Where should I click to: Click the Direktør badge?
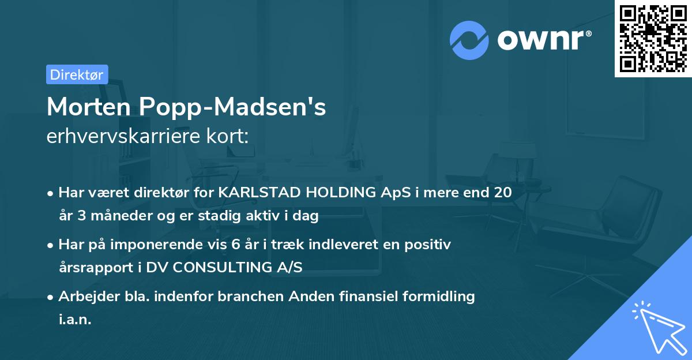pos(77,74)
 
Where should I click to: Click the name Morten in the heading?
pos(89,107)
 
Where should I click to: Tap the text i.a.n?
pos(75,319)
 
